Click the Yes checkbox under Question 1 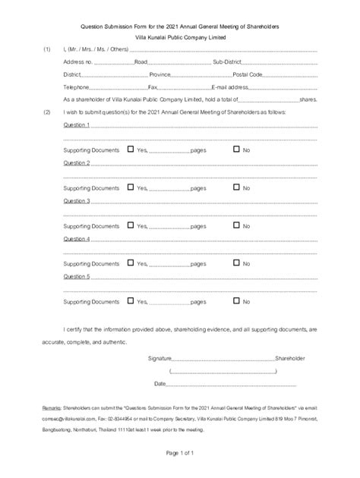click(131, 149)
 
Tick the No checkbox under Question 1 click(235, 149)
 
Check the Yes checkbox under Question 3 click(131, 225)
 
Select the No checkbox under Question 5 click(235, 301)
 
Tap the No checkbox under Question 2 click(235, 187)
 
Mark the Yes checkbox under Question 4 click(131, 263)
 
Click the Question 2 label click(77, 163)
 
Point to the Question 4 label click(77, 239)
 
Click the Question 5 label click(77, 277)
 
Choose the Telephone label click(78, 87)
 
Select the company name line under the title click(179, 37)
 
